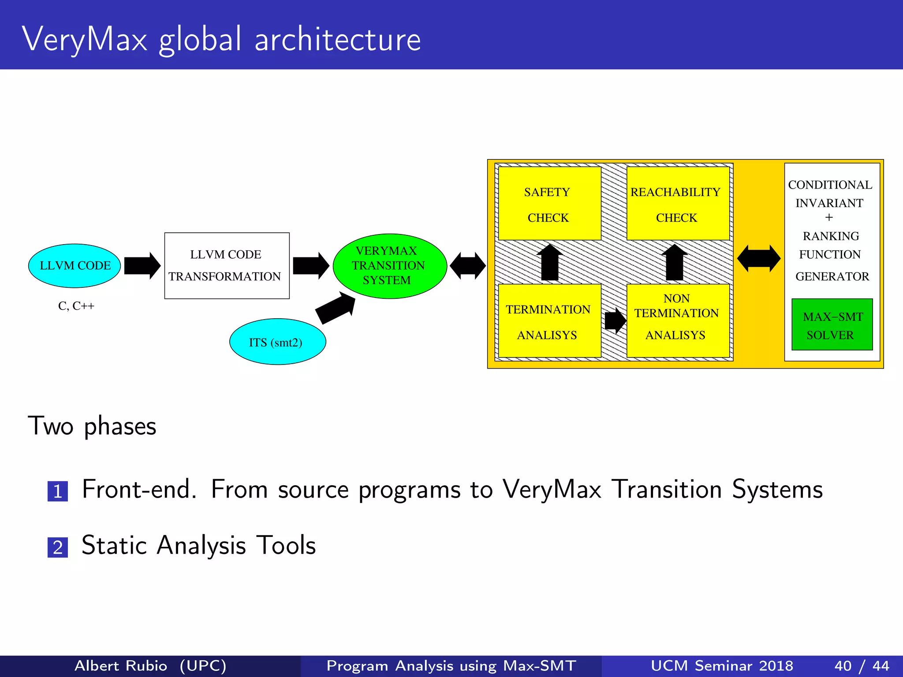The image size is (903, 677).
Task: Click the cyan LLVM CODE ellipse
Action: point(75,265)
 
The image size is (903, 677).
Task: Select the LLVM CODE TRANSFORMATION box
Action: point(227,265)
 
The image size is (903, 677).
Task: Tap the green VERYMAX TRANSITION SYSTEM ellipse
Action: point(390,266)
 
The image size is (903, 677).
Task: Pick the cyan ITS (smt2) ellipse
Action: point(277,342)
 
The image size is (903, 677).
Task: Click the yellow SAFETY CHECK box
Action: point(549,204)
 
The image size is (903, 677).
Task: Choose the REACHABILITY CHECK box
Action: point(677,204)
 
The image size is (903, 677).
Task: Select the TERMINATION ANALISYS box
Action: point(549,321)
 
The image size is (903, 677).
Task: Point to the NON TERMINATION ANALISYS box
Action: point(677,321)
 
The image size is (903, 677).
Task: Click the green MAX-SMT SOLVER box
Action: point(832,325)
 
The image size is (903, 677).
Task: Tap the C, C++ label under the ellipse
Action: point(76,306)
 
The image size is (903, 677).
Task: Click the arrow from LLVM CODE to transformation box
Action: point(142,265)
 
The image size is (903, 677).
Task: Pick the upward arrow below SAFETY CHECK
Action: point(549,263)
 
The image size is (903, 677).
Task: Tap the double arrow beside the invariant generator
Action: point(758,259)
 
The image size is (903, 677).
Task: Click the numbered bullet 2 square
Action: point(58,547)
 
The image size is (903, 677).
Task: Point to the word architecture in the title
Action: point(338,40)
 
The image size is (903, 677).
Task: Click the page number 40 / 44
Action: point(861,666)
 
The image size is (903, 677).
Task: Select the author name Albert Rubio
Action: point(121,666)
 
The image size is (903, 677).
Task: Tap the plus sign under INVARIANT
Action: point(829,217)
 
